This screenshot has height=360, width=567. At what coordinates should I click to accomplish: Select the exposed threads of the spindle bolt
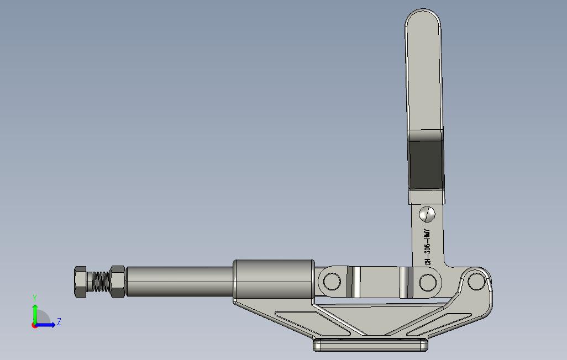[99, 282]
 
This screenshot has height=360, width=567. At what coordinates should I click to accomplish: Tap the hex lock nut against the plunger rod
[118, 282]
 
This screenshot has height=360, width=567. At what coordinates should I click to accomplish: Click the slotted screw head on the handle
[427, 214]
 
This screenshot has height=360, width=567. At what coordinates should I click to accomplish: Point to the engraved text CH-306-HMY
[427, 248]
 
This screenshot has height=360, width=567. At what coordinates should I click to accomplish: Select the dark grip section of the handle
[426, 164]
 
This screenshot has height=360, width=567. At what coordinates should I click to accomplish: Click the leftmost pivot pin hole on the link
[332, 282]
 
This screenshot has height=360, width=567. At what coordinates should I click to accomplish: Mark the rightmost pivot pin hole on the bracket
[475, 282]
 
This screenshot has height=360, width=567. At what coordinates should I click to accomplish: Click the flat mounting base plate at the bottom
[371, 346]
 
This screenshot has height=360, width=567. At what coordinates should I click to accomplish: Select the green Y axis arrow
[35, 313]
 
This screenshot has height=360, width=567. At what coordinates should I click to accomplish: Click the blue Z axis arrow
[47, 325]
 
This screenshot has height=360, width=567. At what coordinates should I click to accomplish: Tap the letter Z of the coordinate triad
[59, 321]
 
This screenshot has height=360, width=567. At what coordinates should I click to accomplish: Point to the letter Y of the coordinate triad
[35, 298]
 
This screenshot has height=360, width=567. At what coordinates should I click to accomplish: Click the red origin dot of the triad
[34, 325]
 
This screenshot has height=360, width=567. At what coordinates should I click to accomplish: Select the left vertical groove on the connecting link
[357, 282]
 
